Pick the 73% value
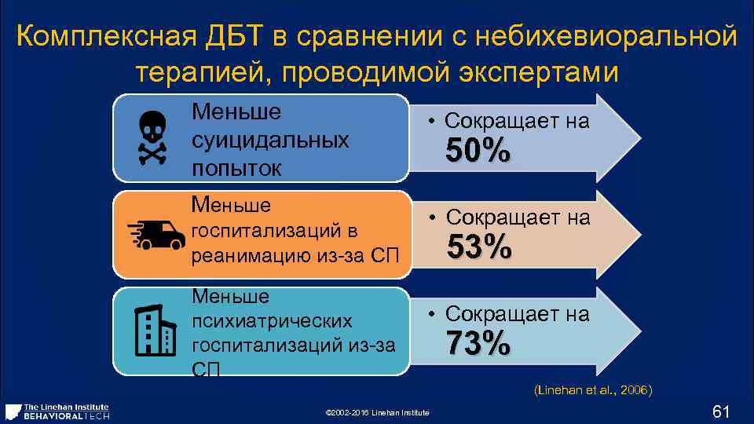tap(478, 343)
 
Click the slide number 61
tap(721, 411)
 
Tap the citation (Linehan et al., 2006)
tap(593, 390)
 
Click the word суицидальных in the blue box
tap(270, 141)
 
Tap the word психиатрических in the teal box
tap(272, 322)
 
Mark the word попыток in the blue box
tap(233, 168)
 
